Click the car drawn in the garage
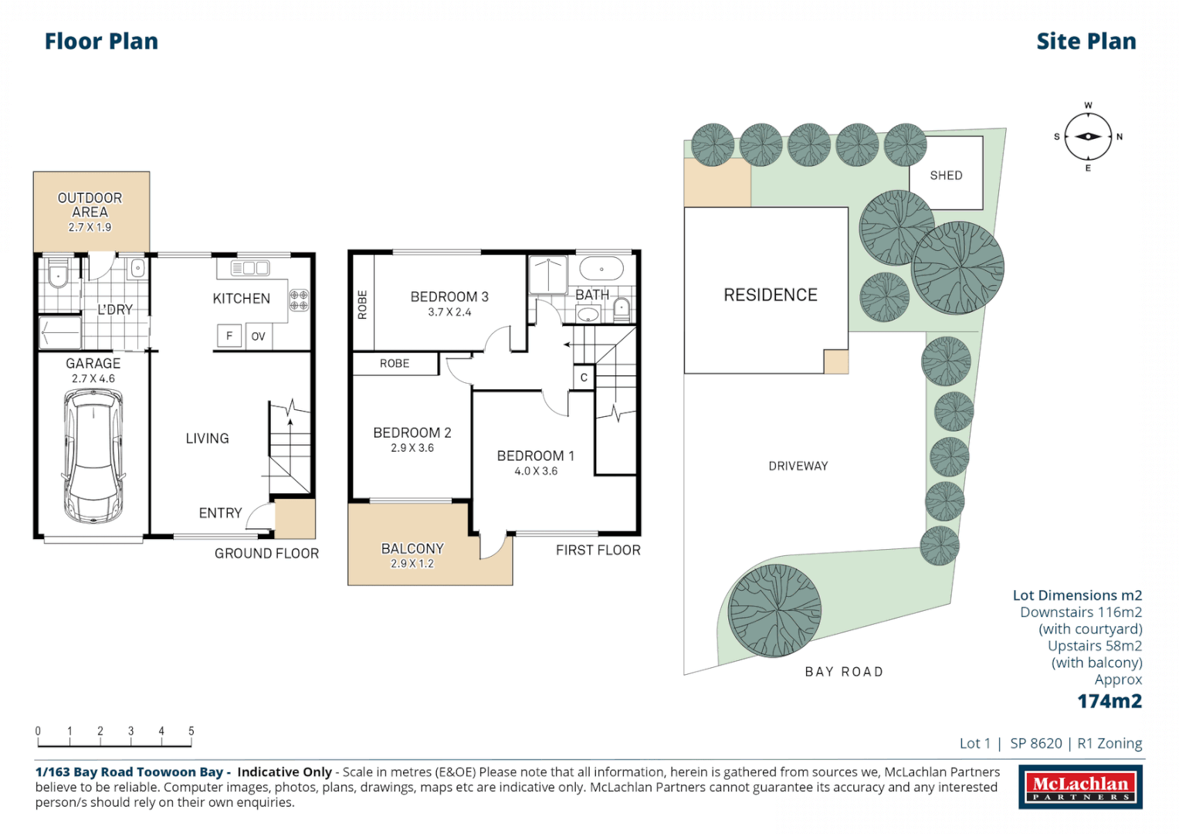(93, 456)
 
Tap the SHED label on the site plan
(946, 175)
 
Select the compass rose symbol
(1088, 137)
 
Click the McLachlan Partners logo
(1080, 787)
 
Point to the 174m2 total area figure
(1110, 701)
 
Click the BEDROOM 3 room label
(449, 297)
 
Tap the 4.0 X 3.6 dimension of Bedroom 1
(536, 471)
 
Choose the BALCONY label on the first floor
(412, 548)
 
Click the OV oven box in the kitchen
(259, 337)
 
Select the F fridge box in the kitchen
(229, 336)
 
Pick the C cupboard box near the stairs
(584, 378)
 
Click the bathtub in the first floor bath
(601, 270)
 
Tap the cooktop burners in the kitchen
(299, 300)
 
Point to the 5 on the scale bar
(191, 731)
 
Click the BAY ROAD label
(844, 672)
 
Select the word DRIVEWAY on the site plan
(798, 466)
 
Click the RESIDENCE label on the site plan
(770, 295)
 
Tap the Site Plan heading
(1086, 42)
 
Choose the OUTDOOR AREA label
(90, 205)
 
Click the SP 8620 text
(1036, 743)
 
